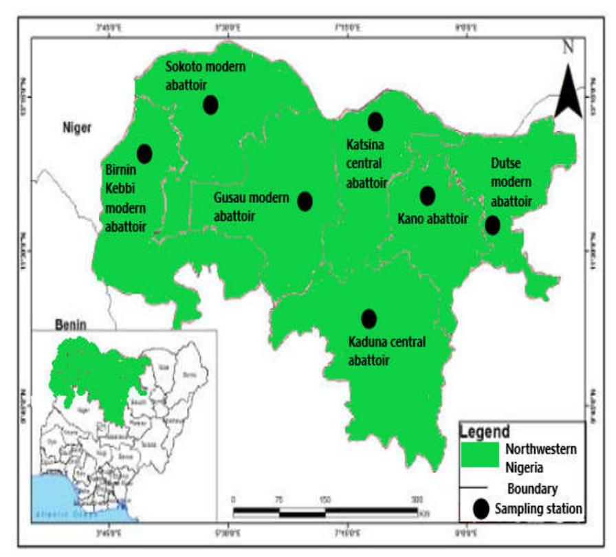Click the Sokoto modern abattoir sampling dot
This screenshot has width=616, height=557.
click(x=210, y=105)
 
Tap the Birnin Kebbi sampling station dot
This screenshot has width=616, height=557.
click(x=144, y=153)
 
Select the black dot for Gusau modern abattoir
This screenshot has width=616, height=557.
click(x=305, y=201)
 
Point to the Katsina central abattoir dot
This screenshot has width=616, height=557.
click(x=375, y=122)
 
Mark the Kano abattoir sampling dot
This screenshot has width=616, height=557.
click(x=427, y=196)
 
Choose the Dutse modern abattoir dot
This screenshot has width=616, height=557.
click(x=492, y=225)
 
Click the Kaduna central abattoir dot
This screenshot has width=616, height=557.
click(x=368, y=318)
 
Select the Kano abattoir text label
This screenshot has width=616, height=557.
click(x=432, y=219)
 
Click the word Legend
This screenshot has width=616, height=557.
click(x=485, y=432)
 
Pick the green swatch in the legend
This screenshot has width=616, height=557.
click(x=479, y=455)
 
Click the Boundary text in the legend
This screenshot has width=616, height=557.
click(x=532, y=488)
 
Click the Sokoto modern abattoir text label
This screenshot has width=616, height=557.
click(x=206, y=75)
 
